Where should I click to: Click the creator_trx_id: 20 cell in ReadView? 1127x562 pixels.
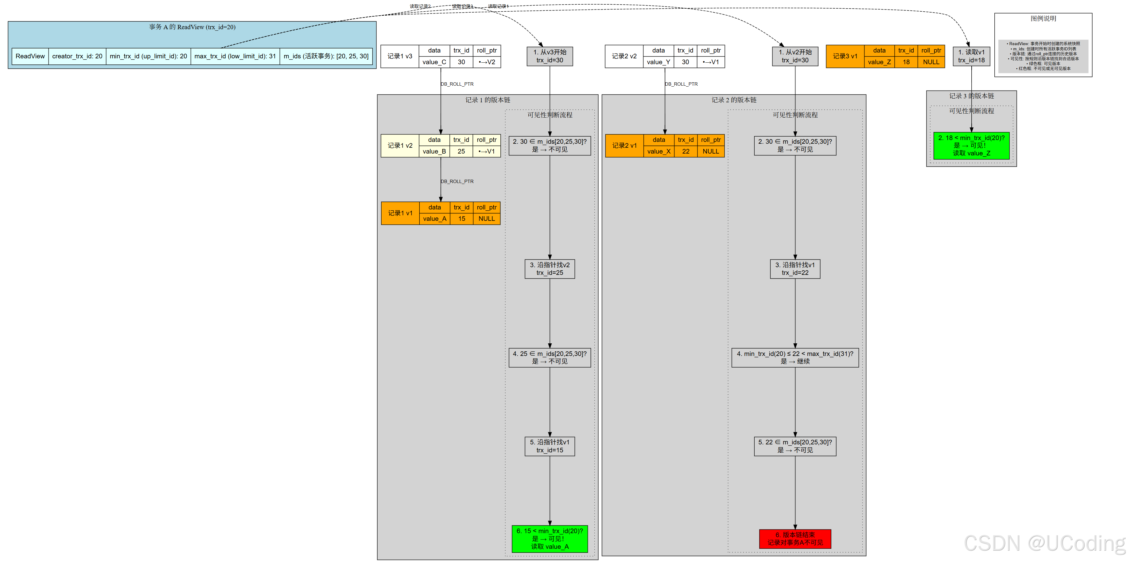[77, 56]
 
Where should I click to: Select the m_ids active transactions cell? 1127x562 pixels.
[326, 56]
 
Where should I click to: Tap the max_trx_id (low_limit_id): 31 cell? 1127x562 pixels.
[235, 56]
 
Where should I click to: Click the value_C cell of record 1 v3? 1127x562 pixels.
[434, 62]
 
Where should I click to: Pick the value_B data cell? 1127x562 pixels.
[434, 151]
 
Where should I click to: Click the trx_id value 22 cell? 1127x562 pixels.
[686, 151]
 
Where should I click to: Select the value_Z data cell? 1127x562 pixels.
[879, 62]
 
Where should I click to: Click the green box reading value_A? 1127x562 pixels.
[550, 539]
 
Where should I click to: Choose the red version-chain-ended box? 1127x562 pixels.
[795, 539]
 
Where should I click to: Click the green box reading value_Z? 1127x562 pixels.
[971, 145]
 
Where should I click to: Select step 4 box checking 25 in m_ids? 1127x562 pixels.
[550, 357]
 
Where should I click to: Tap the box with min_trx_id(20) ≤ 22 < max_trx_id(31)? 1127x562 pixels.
[795, 357]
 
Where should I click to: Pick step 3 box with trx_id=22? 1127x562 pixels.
[795, 269]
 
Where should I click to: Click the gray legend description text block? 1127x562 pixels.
[1043, 56]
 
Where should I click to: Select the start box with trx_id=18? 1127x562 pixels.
[971, 56]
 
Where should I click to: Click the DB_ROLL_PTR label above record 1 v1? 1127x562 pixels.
[457, 181]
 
